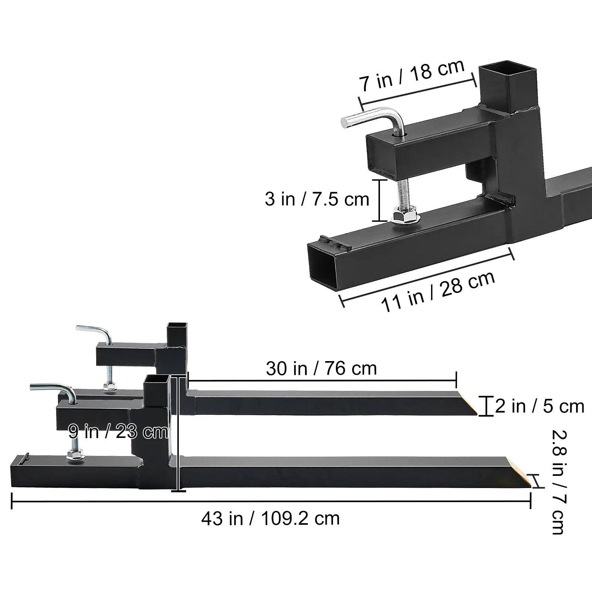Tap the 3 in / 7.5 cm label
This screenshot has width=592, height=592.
pyautogui.click(x=317, y=199)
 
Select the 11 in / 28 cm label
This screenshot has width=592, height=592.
pyautogui.click(x=438, y=292)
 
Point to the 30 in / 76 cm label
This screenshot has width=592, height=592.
pyautogui.click(x=321, y=369)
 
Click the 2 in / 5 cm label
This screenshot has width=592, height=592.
pyautogui.click(x=539, y=406)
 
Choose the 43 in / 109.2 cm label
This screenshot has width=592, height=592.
pyautogui.click(x=270, y=518)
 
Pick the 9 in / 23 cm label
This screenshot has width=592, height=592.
pyautogui.click(x=118, y=431)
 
